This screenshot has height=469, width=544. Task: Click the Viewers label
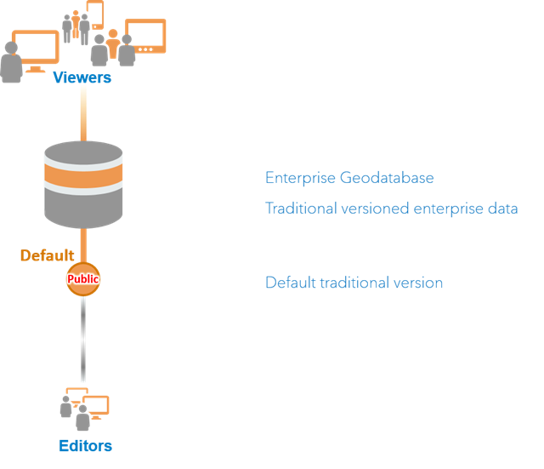[82, 78]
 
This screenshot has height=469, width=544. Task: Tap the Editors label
[85, 446]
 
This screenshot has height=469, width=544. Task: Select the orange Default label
[47, 255]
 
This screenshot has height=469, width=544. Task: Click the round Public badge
[83, 279]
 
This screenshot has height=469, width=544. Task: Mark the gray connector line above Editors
[83, 340]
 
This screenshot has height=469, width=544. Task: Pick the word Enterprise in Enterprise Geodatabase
[300, 178]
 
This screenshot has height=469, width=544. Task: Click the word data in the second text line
[502, 209]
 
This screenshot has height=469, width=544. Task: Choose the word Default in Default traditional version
[288, 283]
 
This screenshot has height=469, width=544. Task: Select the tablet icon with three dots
[144, 36]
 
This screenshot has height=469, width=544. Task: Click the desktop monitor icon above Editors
[96, 404]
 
